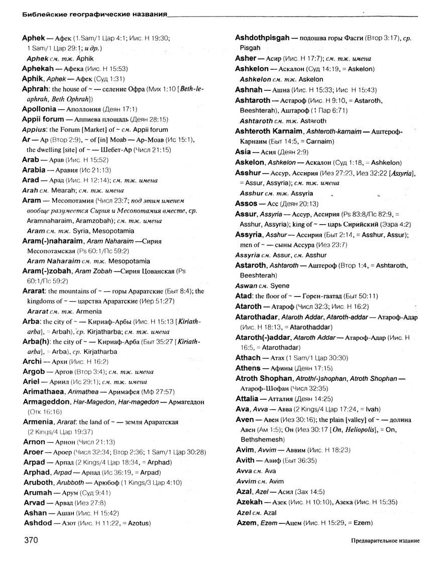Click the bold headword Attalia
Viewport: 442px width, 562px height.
pos(251,399)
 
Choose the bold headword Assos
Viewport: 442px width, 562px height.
pos(247,204)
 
